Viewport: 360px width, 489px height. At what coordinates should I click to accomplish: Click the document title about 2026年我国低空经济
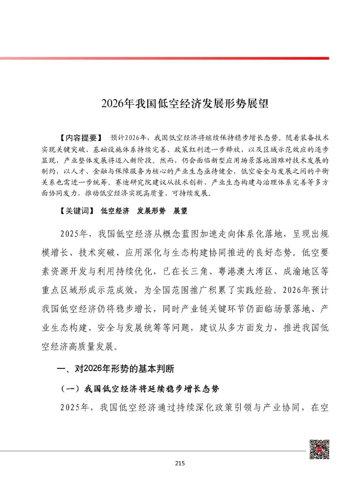pyautogui.click(x=185, y=103)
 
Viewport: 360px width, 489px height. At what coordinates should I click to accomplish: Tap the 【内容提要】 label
pyautogui.click(x=80, y=138)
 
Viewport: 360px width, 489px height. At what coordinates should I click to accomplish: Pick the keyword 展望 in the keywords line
pyautogui.click(x=180, y=211)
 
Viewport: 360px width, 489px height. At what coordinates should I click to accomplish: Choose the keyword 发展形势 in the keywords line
pyautogui.click(x=151, y=211)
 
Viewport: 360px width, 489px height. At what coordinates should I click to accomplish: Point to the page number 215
pyautogui.click(x=179, y=463)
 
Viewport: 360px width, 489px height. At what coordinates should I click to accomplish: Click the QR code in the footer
pyautogui.click(x=319, y=450)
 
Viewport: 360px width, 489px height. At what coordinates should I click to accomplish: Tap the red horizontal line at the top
pyautogui.click(x=167, y=58)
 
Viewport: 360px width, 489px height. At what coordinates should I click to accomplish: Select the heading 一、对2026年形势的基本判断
pyautogui.click(x=116, y=369)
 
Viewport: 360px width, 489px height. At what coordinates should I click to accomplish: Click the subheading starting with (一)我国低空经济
pyautogui.click(x=140, y=389)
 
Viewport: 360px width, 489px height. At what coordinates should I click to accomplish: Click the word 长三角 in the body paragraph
pyautogui.click(x=190, y=271)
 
